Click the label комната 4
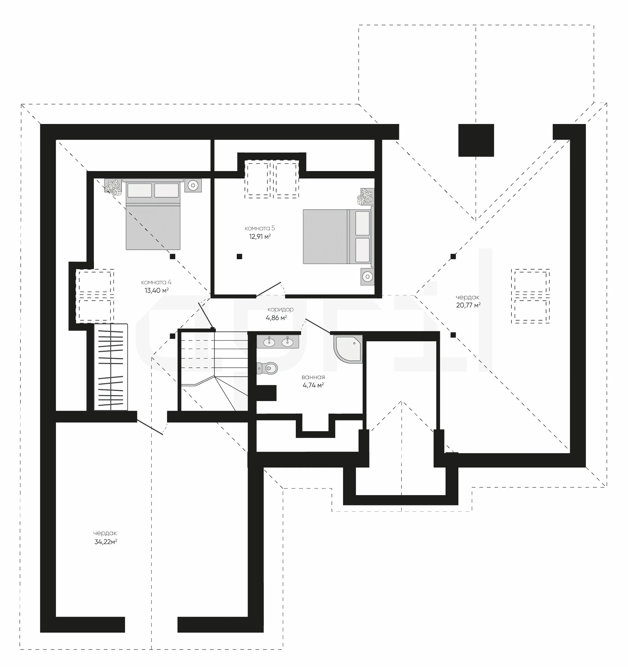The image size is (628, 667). (156, 282)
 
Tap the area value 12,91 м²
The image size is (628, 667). (260, 236)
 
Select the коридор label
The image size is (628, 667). (280, 309)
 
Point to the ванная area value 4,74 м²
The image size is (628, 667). (313, 385)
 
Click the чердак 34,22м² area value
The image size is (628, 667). (106, 541)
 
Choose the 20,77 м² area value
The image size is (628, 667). (468, 305)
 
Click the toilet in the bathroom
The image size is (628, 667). (267, 368)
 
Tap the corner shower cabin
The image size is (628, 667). (348, 349)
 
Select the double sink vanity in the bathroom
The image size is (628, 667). (278, 342)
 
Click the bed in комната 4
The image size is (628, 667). (153, 214)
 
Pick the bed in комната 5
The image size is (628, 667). (339, 236)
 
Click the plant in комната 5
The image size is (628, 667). (365, 196)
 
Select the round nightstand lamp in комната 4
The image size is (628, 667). (193, 185)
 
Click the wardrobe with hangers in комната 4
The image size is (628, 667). (111, 367)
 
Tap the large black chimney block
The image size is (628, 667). (476, 140)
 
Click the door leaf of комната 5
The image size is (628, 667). (268, 290)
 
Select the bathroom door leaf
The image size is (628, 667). (318, 326)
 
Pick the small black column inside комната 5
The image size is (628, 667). (239, 256)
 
